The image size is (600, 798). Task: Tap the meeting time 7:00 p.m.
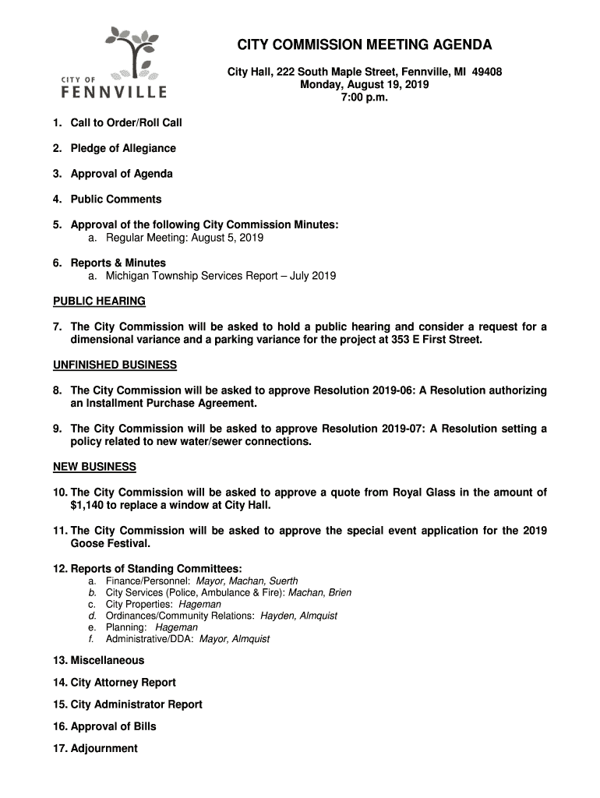(365, 98)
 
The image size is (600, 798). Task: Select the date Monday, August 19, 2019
(365, 85)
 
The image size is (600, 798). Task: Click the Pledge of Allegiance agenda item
(122, 148)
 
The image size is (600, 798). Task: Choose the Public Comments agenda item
(115, 199)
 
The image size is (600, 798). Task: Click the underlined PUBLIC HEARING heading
(99, 301)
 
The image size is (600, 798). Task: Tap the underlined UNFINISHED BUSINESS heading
(115, 365)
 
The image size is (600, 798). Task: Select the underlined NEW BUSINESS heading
(94, 467)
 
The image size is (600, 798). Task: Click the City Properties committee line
(164, 604)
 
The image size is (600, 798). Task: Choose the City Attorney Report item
(122, 683)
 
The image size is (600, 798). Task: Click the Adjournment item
(104, 749)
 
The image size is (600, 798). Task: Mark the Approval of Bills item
(113, 726)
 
